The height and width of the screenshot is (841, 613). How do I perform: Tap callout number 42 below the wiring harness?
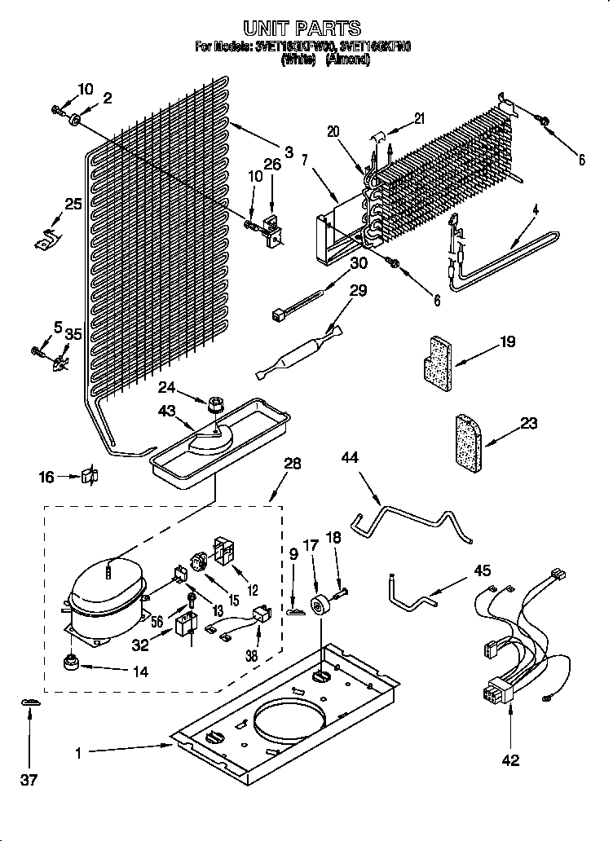(x=511, y=760)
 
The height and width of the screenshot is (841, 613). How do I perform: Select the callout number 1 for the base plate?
(x=79, y=754)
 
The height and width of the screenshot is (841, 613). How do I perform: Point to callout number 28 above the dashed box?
(x=292, y=464)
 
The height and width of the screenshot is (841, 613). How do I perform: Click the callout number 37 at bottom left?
(x=29, y=782)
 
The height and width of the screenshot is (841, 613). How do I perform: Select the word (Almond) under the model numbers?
(x=348, y=60)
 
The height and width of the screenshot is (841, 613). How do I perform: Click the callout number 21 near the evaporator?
(x=419, y=118)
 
